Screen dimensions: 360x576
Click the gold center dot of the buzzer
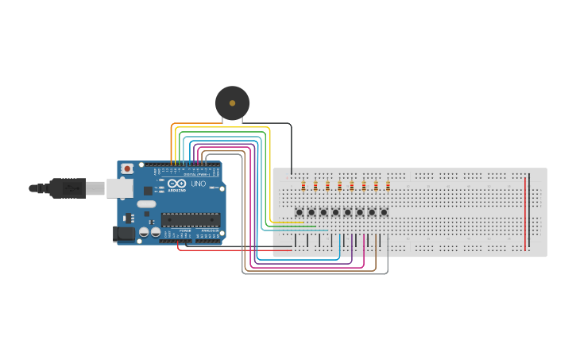232,103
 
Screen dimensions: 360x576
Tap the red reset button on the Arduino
127,168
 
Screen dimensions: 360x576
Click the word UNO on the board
198,184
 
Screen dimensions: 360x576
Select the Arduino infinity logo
176,184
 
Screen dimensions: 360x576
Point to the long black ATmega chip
191,219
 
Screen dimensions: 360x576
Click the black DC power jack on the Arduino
123,234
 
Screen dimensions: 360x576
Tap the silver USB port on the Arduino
120,188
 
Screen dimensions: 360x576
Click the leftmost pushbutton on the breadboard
300,212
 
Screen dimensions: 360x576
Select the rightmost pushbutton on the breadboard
384,212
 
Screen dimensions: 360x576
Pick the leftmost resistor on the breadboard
303,186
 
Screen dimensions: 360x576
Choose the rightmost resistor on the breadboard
388,186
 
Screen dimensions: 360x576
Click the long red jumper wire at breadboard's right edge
525,213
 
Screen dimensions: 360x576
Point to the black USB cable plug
68,188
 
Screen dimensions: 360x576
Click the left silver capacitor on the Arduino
144,232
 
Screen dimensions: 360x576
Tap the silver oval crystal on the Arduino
146,204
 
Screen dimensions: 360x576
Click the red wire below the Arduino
230,250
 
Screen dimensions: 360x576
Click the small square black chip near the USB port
148,191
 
